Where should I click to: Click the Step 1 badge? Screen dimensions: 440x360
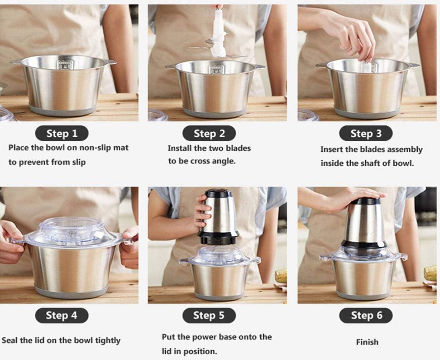coord(62,133)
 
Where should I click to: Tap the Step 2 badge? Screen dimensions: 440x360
coord(209,133)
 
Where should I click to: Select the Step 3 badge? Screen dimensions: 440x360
coord(366,133)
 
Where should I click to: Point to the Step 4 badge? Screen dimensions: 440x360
coord(62,315)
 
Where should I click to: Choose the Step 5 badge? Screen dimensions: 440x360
coord(209,315)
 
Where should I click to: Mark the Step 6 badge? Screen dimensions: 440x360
coord(366,315)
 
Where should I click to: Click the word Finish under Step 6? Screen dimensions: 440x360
coord(367,342)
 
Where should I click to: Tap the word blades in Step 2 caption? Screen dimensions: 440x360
coord(239,148)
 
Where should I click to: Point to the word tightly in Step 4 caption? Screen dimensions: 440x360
coord(108,341)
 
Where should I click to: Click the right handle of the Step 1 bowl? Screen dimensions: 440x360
coord(111,62)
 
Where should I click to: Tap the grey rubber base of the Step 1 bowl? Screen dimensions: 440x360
coord(63,110)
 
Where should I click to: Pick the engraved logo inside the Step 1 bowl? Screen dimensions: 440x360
coord(64,65)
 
